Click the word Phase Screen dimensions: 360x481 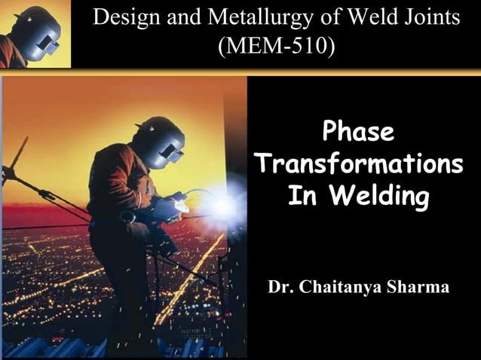358,133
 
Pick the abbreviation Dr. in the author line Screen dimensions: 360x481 281,287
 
